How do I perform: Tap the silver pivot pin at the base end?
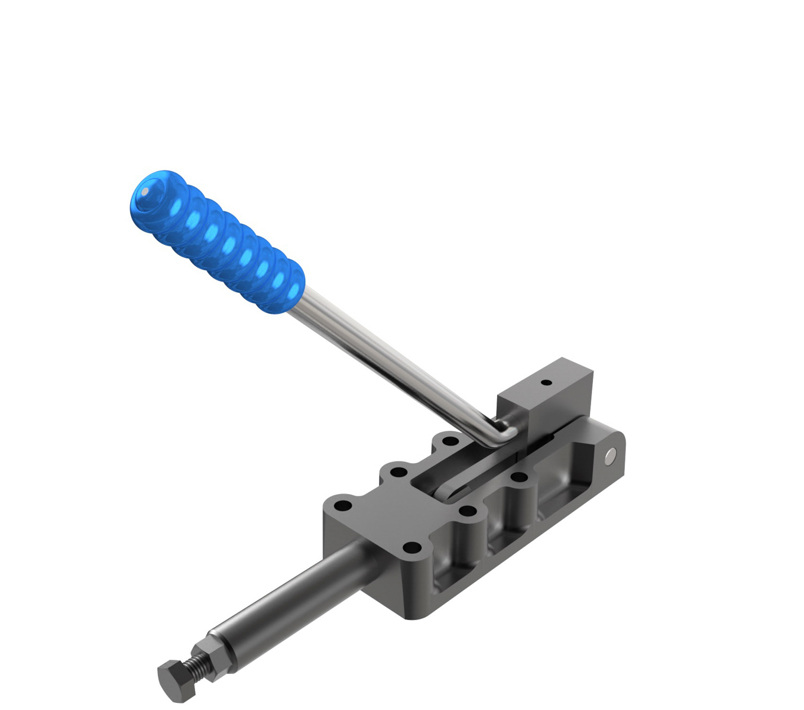point(611,455)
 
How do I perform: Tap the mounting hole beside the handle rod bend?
point(450,441)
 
